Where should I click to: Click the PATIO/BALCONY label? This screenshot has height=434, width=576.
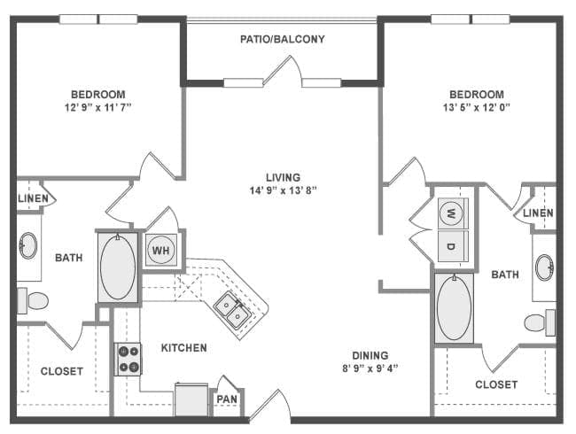[x=283, y=39]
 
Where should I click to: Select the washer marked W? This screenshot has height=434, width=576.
[x=451, y=213]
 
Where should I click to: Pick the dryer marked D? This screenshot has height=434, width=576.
[x=451, y=245]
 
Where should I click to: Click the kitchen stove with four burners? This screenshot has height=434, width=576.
[x=128, y=358]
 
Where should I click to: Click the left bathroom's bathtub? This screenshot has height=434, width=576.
[x=117, y=266]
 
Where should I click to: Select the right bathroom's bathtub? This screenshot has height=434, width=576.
[x=454, y=306]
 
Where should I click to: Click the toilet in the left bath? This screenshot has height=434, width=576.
[x=34, y=301]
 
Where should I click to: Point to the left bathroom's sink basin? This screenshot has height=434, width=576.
[x=28, y=245]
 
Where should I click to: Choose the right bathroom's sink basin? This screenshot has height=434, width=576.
[x=544, y=267]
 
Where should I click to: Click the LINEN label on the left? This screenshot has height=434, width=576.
[x=33, y=198]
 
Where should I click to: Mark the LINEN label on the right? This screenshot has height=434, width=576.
[x=538, y=213]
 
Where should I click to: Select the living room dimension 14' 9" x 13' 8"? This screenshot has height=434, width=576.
[x=283, y=190]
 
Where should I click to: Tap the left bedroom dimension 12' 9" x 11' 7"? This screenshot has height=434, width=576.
[x=97, y=108]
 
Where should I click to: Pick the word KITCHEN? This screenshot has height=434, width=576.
[x=183, y=348]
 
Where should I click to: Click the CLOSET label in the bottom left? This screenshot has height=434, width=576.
[x=62, y=371]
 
